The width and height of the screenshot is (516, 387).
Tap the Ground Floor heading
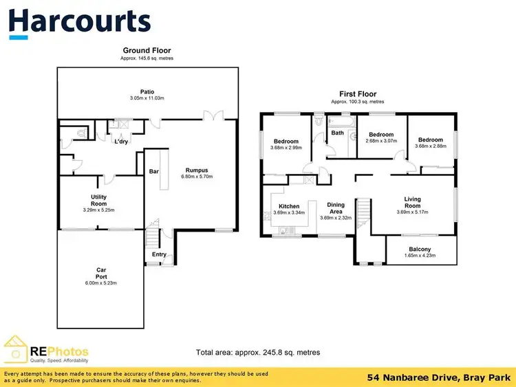[147, 50]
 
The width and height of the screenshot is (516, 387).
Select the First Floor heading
[358, 94]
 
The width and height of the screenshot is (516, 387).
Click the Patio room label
[147, 91]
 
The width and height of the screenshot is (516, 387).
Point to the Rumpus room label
[196, 170]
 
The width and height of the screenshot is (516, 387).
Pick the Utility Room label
[98, 201]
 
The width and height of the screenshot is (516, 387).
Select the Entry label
[159, 254]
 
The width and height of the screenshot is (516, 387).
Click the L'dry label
[121, 142]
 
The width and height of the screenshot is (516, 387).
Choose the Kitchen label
[288, 206]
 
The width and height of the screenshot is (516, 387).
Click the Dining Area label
[336, 208]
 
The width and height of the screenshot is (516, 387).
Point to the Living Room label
[412, 202]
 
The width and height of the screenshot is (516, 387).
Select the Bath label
[337, 133]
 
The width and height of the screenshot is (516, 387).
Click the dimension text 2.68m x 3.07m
[380, 141]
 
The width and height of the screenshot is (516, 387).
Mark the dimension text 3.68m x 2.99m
[286, 147]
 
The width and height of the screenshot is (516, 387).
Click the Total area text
[258, 353]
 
